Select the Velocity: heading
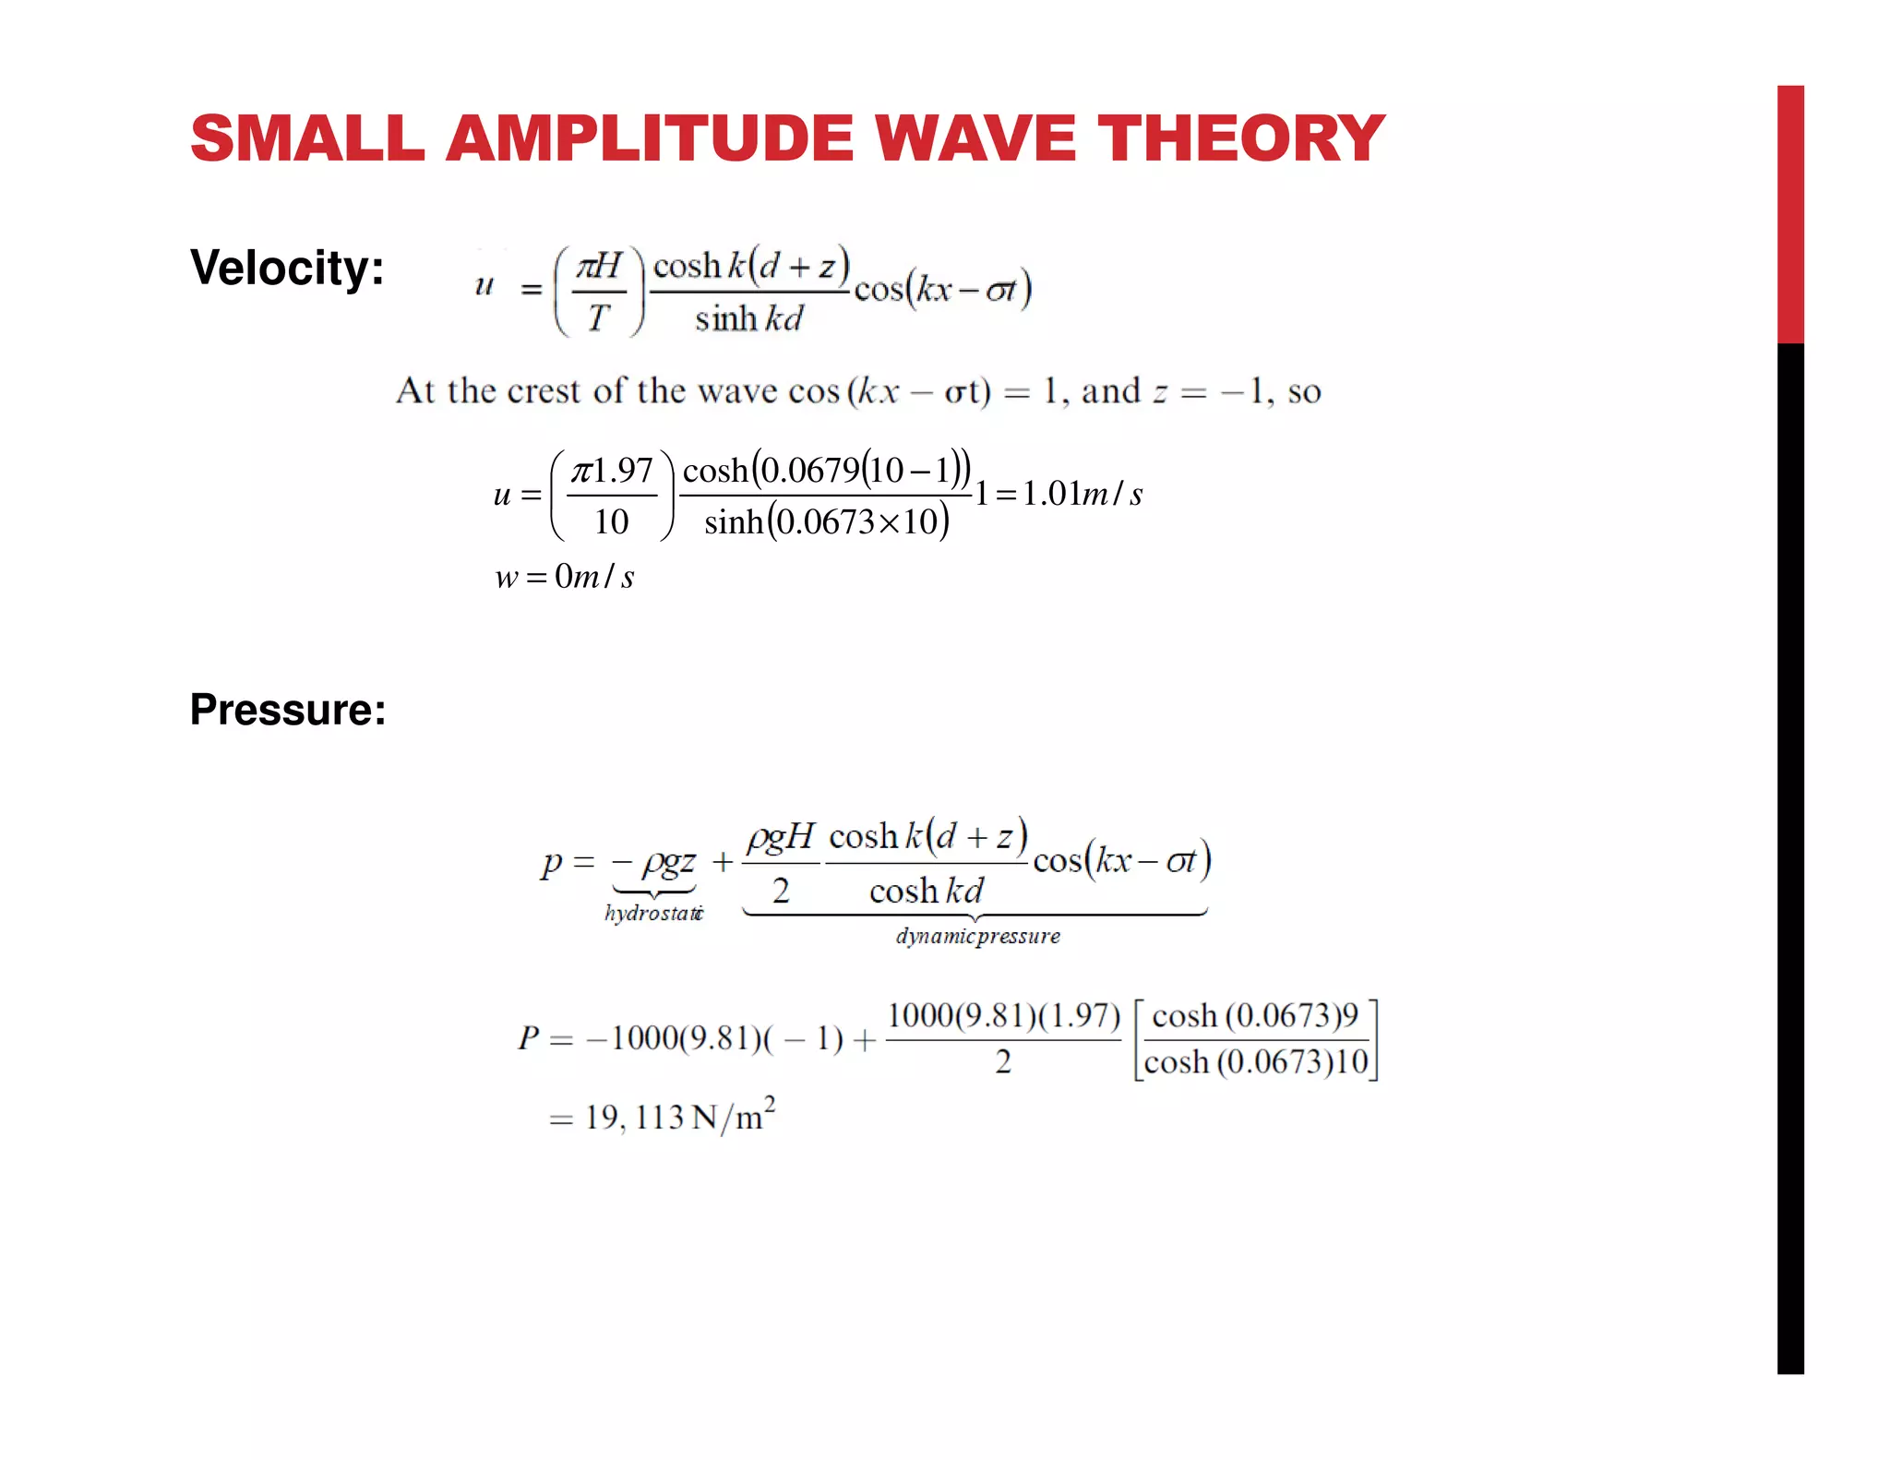[287, 268]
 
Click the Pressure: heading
[288, 710]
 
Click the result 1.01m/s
[1083, 494]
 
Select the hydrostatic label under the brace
[653, 913]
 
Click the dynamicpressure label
[977, 936]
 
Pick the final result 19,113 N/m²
[679, 1117]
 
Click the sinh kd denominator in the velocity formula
[748, 319]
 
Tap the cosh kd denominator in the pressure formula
[926, 891]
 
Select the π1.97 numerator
[612, 471]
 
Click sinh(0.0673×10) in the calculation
[826, 522]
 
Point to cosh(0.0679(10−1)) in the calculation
[826, 470]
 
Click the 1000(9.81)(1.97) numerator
[1003, 1015]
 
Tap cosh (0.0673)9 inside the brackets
[1255, 1016]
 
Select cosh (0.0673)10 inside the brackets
[1256, 1062]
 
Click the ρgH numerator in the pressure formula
[781, 837]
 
